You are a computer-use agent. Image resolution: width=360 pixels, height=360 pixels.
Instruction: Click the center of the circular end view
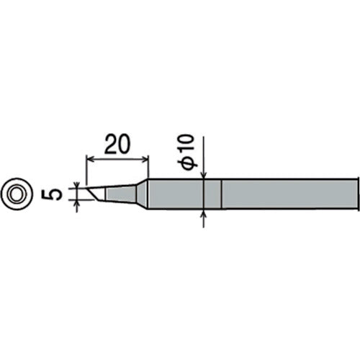click(17, 193)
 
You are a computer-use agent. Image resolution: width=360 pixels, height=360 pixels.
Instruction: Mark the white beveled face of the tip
click(98, 193)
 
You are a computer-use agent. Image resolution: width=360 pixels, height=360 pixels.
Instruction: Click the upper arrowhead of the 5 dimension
click(77, 185)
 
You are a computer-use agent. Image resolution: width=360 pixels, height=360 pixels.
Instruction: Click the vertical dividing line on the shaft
click(221, 194)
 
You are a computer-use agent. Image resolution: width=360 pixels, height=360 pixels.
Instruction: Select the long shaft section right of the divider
click(288, 194)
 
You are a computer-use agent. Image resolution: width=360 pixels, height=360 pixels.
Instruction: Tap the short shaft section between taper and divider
click(184, 194)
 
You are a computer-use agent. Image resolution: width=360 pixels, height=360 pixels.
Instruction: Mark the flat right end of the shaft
click(358, 194)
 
